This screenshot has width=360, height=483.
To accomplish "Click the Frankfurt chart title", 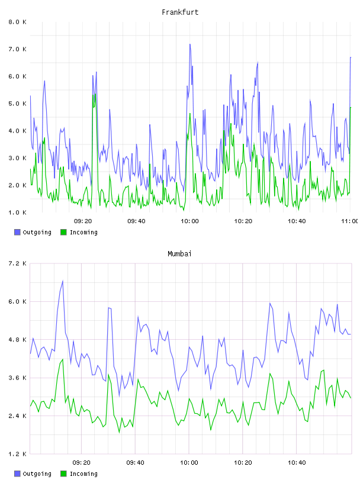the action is pyautogui.click(x=180, y=12).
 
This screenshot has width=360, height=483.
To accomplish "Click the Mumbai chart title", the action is pyautogui.click(x=179, y=254).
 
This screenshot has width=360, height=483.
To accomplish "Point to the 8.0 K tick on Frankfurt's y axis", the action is pyautogui.click(x=18, y=22).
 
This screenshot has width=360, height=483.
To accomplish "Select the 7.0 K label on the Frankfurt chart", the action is pyautogui.click(x=18, y=49).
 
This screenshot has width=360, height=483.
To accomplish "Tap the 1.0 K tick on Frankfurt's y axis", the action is pyautogui.click(x=18, y=212).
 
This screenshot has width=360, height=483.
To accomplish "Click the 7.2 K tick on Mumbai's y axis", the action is pyautogui.click(x=18, y=263).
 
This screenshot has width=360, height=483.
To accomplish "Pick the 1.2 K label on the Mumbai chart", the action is pyautogui.click(x=18, y=454).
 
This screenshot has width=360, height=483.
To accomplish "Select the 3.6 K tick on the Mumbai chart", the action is pyautogui.click(x=18, y=378).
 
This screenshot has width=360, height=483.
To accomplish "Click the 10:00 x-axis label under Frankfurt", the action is pyautogui.click(x=189, y=221).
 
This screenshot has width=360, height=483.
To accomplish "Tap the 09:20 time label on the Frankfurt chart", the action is pyautogui.click(x=83, y=221).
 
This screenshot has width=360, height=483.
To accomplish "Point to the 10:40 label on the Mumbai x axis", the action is pyautogui.click(x=297, y=463).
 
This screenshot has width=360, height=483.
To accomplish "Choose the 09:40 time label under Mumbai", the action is pyautogui.click(x=136, y=463).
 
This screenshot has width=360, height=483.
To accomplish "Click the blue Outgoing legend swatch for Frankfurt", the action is pyautogui.click(x=17, y=232).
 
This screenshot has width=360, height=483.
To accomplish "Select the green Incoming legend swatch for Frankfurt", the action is pyautogui.click(x=63, y=232).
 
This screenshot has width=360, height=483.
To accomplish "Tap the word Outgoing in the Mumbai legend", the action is pyautogui.click(x=37, y=474).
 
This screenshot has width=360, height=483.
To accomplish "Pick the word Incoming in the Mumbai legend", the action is pyautogui.click(x=83, y=474).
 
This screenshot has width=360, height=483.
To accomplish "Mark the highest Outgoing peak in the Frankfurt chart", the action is pyautogui.click(x=190, y=44).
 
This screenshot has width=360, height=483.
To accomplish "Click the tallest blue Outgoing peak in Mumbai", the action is pyautogui.click(x=63, y=281).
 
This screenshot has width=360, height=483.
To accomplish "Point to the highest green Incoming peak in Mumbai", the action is pyautogui.click(x=63, y=359).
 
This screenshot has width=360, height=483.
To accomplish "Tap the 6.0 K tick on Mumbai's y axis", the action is pyautogui.click(x=18, y=301).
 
